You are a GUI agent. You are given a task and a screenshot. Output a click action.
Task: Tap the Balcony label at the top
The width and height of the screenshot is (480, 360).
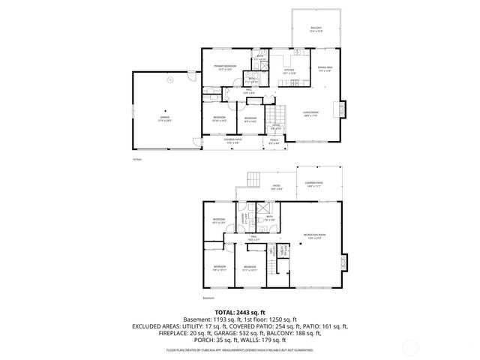click(316, 29)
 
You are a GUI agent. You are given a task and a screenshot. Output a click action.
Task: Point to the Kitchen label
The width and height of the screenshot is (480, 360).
click(288, 73)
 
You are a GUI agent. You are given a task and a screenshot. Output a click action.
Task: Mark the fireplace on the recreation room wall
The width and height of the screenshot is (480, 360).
click(343, 262)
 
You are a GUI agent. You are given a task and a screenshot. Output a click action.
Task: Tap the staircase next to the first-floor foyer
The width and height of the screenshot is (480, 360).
click(277, 116)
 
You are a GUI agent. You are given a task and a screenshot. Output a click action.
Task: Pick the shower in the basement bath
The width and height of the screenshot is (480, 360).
click(264, 211)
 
